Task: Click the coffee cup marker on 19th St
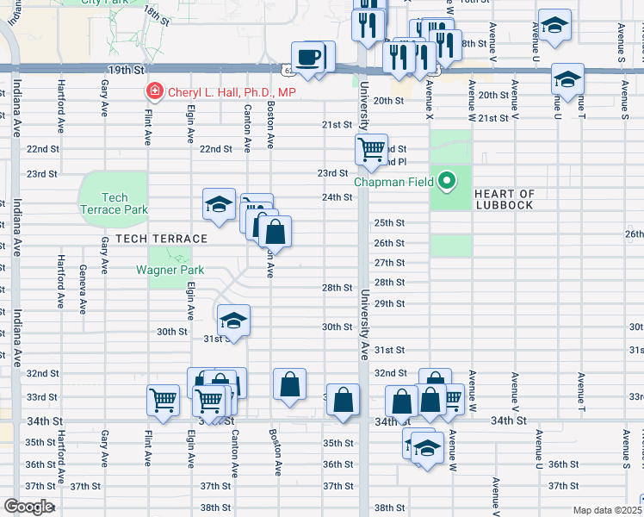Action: pos(308,58)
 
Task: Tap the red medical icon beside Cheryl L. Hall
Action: pos(154,90)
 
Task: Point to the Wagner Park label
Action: pos(170,270)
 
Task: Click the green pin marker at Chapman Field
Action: pos(446,181)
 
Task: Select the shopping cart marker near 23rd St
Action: pos(371,149)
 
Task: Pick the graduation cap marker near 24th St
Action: pos(219,205)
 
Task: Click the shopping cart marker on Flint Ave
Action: pos(162,400)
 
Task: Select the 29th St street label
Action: pos(389,303)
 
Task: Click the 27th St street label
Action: pos(389,263)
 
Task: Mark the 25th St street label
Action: pos(389,222)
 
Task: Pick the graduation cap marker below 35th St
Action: pos(428,448)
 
